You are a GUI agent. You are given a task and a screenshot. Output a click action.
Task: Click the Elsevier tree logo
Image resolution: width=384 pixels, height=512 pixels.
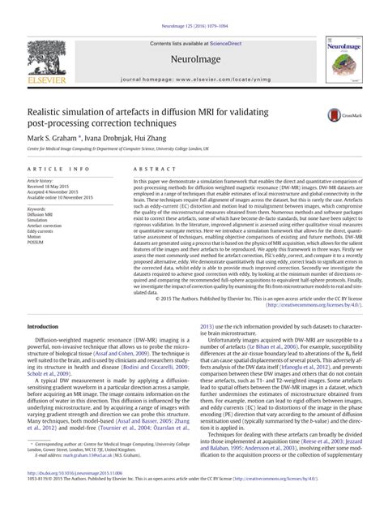pyautogui.click(x=46, y=58)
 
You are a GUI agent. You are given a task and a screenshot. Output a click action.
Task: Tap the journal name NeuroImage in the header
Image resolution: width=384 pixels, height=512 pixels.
pyautogui.click(x=193, y=59)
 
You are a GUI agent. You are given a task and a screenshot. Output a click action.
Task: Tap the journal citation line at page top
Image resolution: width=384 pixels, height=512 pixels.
pyautogui.click(x=191, y=5)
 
